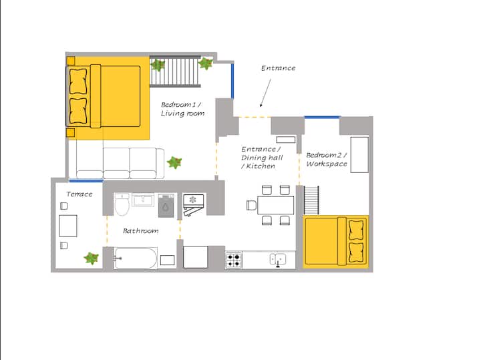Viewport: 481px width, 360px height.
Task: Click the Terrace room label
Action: [x=79, y=194]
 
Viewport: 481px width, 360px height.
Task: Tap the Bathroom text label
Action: [x=141, y=230]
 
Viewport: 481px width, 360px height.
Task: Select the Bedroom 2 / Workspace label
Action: [x=327, y=160]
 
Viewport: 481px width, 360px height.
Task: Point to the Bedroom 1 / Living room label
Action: [x=182, y=109]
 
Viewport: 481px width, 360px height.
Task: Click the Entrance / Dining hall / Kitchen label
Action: [x=262, y=158]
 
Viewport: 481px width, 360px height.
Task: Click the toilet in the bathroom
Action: [x=122, y=204]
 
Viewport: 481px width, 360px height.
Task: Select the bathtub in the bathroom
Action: [x=135, y=258]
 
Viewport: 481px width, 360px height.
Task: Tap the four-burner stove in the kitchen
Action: [x=234, y=260]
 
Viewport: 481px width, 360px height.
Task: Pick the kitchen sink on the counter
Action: [x=278, y=259]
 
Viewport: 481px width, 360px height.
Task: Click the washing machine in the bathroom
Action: [x=166, y=205]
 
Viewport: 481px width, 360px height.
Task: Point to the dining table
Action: [x=275, y=205]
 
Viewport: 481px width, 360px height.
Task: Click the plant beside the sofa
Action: [x=174, y=162]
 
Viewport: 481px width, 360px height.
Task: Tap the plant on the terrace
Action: [x=92, y=258]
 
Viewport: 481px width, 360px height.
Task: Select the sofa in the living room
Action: [x=120, y=163]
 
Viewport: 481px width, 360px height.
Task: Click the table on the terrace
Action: [x=67, y=226]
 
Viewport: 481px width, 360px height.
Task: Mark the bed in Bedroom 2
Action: [x=336, y=241]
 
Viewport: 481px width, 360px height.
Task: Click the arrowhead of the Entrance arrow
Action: [x=261, y=105]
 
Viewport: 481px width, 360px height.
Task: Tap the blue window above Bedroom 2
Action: [x=322, y=117]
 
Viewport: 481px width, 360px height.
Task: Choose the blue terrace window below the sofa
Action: [x=86, y=181]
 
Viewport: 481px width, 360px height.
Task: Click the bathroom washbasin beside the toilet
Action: [x=143, y=200]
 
